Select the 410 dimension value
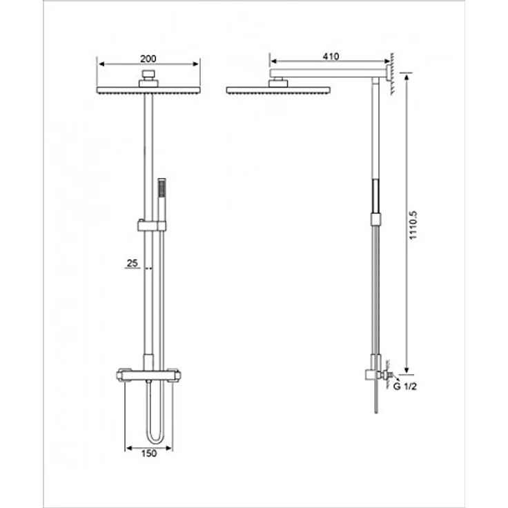pyautogui.click(x=330, y=57)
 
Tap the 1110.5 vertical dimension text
pyautogui.click(x=412, y=224)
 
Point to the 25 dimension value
pyautogui.click(x=133, y=263)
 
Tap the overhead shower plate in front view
pyautogui.click(x=146, y=89)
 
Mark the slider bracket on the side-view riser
pyautogui.click(x=374, y=219)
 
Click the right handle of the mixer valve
pyautogui.click(x=177, y=376)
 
